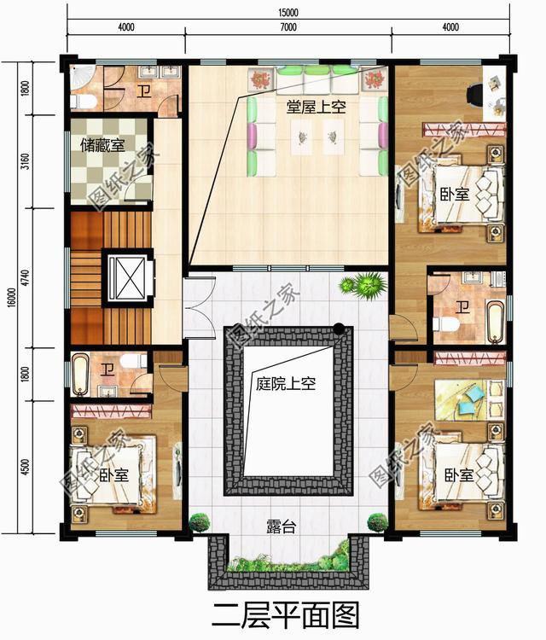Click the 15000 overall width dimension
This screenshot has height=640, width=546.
288,11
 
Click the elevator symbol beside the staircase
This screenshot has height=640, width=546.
126,277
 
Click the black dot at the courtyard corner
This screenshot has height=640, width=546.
340,329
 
